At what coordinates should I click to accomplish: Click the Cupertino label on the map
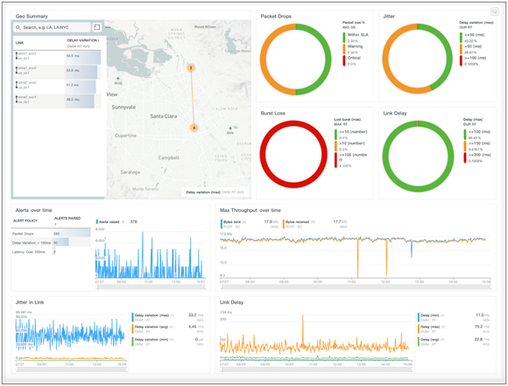tap(126, 136)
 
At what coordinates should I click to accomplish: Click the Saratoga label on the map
tap(130, 172)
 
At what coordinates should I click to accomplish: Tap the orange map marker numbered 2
tap(191, 67)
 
